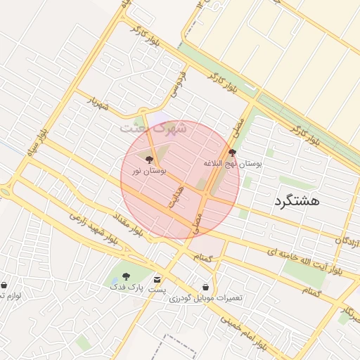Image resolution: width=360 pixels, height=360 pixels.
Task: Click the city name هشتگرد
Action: [295, 200]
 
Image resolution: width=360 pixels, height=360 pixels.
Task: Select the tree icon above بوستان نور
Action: [148, 160]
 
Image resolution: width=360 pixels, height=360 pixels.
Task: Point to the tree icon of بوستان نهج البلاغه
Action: [233, 152]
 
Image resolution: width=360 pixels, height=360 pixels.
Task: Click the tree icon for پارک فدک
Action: [126, 276]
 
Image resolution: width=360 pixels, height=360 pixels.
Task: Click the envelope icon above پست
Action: [157, 279]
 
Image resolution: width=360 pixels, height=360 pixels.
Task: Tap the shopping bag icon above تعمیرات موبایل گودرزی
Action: [205, 287]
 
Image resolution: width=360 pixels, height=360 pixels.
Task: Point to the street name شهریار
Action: [99, 103]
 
